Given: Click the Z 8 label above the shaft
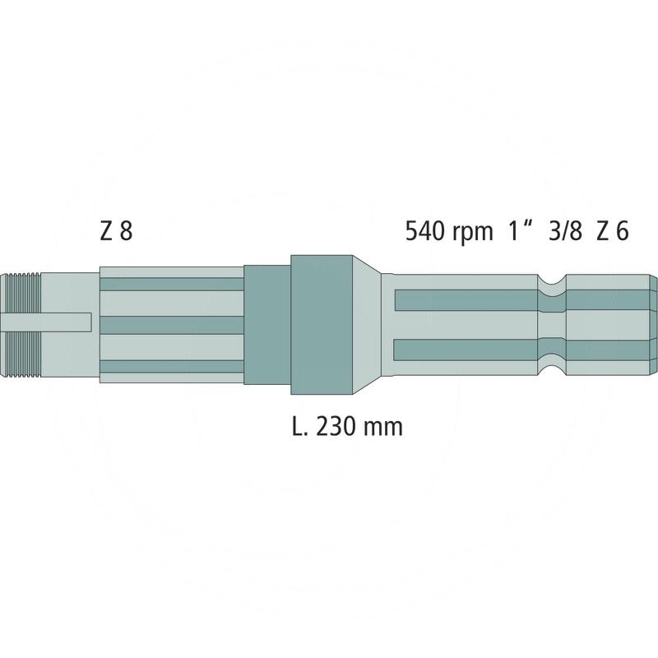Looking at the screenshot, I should (x=115, y=232).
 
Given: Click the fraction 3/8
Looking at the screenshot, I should (x=565, y=232).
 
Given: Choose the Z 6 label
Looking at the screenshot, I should (x=613, y=232).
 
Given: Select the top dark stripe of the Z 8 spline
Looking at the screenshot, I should (x=171, y=284).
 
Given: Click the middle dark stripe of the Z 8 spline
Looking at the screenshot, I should (x=171, y=323).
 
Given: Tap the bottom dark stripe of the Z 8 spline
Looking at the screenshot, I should (x=171, y=366).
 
